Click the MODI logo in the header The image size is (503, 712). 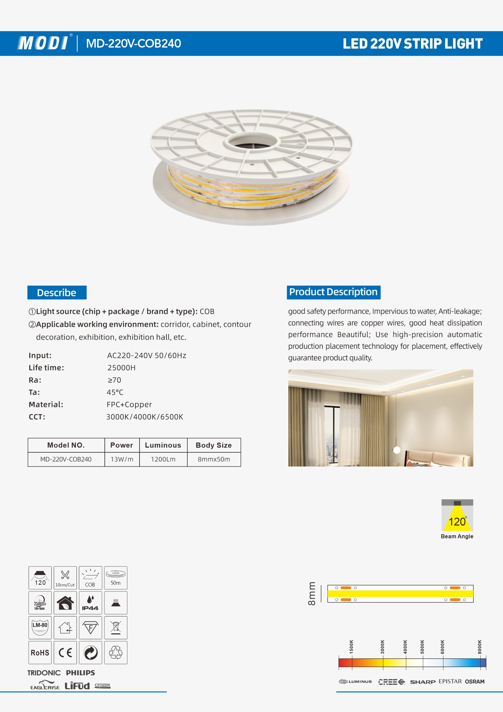click(43, 43)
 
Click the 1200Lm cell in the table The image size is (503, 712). click(163, 459)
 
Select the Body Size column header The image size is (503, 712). click(214, 445)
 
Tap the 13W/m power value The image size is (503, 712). click(122, 459)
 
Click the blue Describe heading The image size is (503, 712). click(57, 293)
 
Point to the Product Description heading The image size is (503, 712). click(333, 292)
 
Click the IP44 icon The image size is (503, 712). click(90, 603)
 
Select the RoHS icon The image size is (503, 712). click(40, 652)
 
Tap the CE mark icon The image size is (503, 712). click(65, 652)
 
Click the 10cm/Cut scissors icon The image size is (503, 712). click(65, 578)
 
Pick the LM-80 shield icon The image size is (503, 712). click(40, 628)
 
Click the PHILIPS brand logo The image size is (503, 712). click(80, 673)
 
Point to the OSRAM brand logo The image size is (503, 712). click(475, 681)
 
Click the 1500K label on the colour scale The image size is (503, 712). click(351, 647)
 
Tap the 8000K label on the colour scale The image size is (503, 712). click(480, 647)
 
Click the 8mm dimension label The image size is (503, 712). click(312, 593)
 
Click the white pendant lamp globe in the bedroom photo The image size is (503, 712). click(397, 450)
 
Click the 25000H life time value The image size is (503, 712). click(121, 368)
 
